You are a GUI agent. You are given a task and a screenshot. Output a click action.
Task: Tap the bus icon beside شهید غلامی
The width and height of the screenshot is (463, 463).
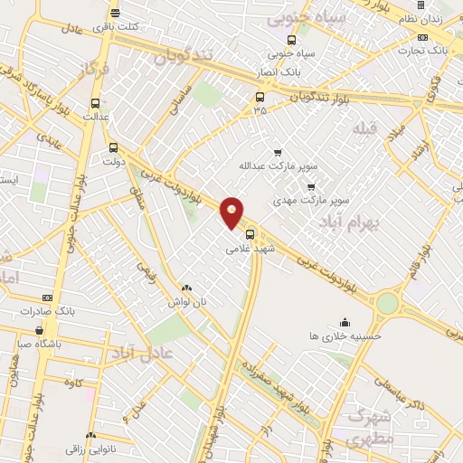click(250, 232)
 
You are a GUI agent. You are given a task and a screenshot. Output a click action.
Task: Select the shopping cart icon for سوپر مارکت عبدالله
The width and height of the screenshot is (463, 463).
click(278, 153)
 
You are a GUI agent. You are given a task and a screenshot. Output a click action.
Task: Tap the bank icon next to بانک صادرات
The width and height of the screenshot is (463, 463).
click(47, 298)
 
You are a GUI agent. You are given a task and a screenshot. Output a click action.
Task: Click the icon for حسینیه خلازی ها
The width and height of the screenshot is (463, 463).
click(344, 322)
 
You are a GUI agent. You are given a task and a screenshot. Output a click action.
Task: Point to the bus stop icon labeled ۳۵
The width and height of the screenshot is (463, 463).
click(260, 97)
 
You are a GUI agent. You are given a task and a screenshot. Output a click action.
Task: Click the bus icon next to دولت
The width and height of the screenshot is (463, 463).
click(113, 147)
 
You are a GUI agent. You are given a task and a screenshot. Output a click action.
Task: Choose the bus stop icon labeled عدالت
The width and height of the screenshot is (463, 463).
click(96, 103)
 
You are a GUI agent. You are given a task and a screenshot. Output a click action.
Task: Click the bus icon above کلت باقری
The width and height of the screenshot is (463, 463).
click(115, 14)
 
